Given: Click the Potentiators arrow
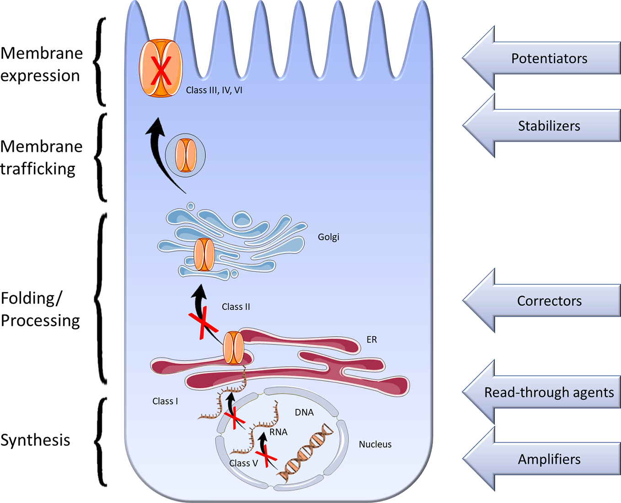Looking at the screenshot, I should [544, 58].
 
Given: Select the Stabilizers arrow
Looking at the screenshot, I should [544, 126].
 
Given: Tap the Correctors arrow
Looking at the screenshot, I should [544, 301].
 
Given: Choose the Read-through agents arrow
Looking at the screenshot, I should [544, 392].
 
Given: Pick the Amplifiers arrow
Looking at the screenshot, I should [544, 459].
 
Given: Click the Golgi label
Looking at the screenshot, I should [328, 237].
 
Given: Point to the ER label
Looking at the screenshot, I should [371, 339].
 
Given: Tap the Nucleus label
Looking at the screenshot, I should [375, 444].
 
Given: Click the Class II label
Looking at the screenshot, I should [236, 307].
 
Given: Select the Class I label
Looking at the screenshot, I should [165, 401].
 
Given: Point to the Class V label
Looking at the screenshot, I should [243, 463].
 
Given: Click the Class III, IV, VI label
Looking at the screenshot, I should [214, 90].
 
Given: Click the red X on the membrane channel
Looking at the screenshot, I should [161, 69].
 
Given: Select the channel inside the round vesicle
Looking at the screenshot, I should [186, 155].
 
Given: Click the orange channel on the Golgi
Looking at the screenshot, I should [204, 254].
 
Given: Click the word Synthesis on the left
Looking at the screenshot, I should [35, 440].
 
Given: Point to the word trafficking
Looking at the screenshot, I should [38, 169].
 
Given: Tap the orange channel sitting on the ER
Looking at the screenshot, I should [233, 348].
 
